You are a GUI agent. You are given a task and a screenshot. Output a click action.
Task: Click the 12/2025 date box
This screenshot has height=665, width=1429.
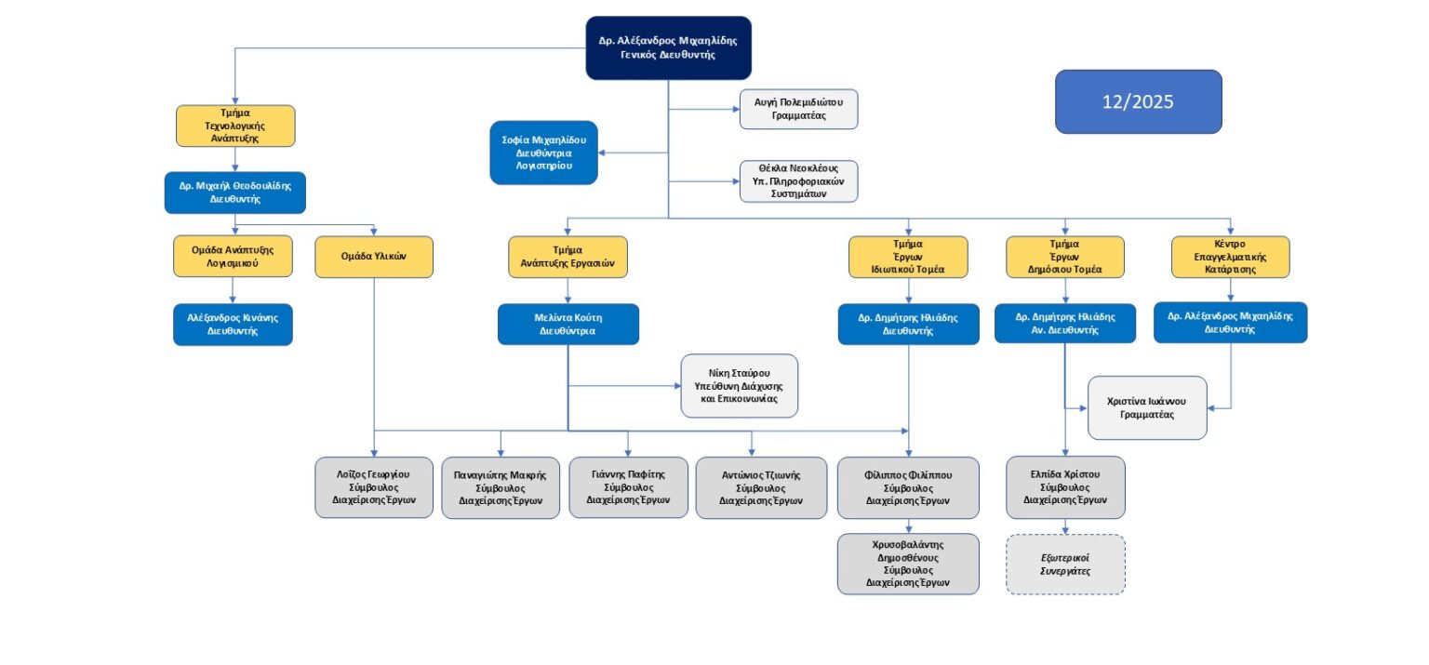click(x=1138, y=101)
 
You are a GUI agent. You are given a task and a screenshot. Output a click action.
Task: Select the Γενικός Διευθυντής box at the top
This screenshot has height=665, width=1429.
click(x=668, y=47)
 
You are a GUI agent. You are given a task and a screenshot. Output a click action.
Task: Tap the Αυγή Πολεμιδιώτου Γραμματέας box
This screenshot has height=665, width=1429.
click(x=798, y=109)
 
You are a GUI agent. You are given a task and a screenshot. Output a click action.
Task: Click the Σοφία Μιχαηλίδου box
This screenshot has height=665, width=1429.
click(x=543, y=153)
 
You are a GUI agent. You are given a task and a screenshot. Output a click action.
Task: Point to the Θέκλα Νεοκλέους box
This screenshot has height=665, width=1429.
click(x=798, y=181)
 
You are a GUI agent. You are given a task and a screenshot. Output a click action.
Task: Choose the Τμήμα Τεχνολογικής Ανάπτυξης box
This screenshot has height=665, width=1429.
click(x=235, y=126)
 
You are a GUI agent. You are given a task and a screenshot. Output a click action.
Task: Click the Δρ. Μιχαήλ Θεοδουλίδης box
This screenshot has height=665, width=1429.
click(x=234, y=192)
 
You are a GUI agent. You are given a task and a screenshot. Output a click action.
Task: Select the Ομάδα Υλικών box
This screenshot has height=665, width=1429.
click(x=374, y=256)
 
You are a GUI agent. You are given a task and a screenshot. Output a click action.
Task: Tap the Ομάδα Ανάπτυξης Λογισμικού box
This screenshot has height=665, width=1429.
click(x=233, y=256)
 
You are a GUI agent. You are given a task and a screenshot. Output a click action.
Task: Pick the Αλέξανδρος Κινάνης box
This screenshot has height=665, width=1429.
click(x=233, y=325)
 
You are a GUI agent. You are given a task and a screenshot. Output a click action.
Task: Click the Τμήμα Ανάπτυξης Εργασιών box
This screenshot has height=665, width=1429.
click(x=568, y=257)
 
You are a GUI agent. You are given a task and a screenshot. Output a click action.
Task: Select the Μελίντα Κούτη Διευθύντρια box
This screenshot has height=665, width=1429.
click(x=568, y=324)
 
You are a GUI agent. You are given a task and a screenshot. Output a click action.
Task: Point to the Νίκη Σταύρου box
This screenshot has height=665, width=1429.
click(x=739, y=385)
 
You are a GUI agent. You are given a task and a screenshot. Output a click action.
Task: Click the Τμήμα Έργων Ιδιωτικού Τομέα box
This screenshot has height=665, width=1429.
click(x=908, y=257)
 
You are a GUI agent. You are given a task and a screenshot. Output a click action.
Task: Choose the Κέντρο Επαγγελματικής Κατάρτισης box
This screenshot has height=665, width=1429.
click(x=1231, y=257)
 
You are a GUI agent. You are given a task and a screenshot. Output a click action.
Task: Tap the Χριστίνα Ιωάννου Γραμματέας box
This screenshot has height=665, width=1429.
click(x=1147, y=407)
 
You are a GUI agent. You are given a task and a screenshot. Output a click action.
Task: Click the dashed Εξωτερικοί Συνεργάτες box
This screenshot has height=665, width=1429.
click(x=1065, y=564)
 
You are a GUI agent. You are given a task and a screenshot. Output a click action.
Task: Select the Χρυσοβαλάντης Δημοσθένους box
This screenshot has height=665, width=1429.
click(x=908, y=564)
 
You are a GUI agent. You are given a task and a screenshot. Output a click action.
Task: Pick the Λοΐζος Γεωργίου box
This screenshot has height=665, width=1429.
click(x=373, y=486)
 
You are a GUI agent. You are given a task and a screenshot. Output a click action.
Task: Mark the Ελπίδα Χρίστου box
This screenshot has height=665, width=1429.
click(x=1065, y=486)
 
